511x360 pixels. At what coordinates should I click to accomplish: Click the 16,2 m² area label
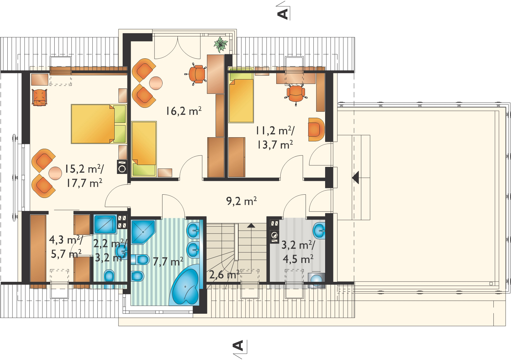click(183, 111)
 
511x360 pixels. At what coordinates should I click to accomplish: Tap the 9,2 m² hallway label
click(241, 201)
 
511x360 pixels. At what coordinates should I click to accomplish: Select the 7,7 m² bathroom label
click(168, 261)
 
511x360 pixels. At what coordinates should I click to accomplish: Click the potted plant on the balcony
click(221, 44)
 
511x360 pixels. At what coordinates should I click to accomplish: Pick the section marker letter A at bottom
click(239, 346)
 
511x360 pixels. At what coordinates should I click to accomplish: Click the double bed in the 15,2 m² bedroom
click(99, 124)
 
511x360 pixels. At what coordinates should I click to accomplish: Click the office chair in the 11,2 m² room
click(296, 94)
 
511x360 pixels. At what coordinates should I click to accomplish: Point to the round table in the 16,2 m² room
click(156, 83)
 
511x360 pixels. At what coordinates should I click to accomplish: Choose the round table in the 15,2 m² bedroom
click(55, 173)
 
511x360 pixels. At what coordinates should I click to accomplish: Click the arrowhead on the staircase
click(251, 225)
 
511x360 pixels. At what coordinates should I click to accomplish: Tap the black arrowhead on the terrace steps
click(355, 177)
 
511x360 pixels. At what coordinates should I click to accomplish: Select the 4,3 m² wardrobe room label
click(66, 240)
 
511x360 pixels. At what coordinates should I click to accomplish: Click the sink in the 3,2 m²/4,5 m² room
click(319, 231)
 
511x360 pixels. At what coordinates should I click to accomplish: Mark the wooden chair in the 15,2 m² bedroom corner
click(40, 97)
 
